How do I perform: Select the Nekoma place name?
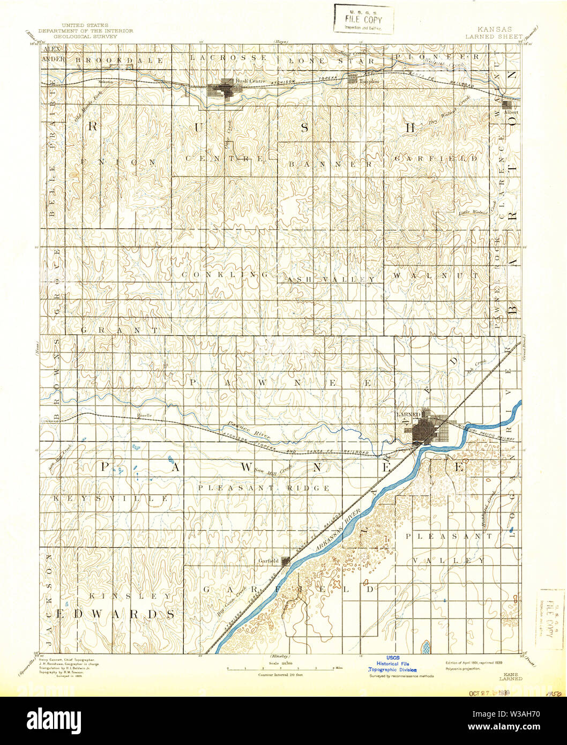[106, 81]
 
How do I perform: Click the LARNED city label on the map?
[408, 415]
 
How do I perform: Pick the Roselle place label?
[144, 415]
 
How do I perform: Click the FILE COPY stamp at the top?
[364, 19]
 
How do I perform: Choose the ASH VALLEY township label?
[331, 279]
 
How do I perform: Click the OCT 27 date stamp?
[489, 693]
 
